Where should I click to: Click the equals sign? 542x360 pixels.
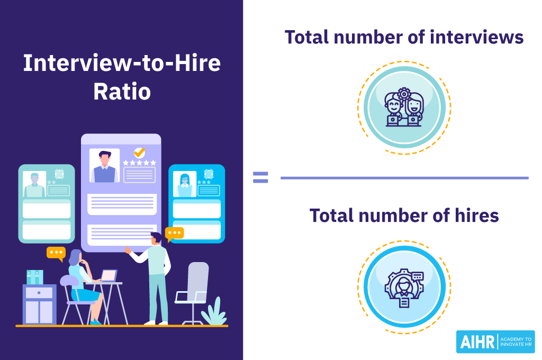click(260, 177)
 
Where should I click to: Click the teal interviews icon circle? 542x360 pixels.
click(404, 107)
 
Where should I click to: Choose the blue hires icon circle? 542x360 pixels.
click(404, 286)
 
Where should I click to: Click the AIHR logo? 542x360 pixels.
click(495, 341)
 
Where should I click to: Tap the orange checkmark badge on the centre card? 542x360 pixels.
click(139, 153)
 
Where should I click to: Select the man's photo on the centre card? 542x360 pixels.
click(104, 166)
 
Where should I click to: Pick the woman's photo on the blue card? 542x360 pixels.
click(185, 184)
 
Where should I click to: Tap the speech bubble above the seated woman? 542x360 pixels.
click(56, 253)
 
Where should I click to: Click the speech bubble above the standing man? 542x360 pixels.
click(174, 233)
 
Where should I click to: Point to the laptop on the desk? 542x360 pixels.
click(109, 276)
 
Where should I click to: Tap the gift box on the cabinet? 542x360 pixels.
click(35, 277)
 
